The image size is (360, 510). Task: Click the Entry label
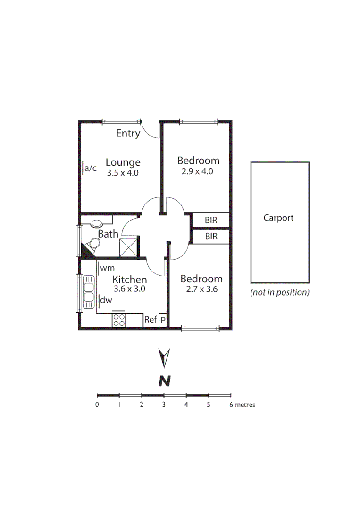coord(128,134)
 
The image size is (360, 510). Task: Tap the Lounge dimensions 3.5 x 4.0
coord(122,173)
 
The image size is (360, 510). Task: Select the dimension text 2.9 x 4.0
coord(197,171)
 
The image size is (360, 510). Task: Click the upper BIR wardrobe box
coord(211,220)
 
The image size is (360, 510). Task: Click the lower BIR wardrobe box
coord(211,237)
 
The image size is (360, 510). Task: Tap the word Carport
coord(278,218)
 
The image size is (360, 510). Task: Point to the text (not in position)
coord(280,292)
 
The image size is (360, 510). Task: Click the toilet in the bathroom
coord(94,244)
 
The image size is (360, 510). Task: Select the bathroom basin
coord(97,222)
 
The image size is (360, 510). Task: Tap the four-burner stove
coord(119,320)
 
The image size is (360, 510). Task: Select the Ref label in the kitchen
coord(150,320)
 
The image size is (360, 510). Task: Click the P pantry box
coord(163,320)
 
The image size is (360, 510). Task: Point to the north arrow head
coord(164,358)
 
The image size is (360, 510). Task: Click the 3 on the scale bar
coord(164,405)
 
